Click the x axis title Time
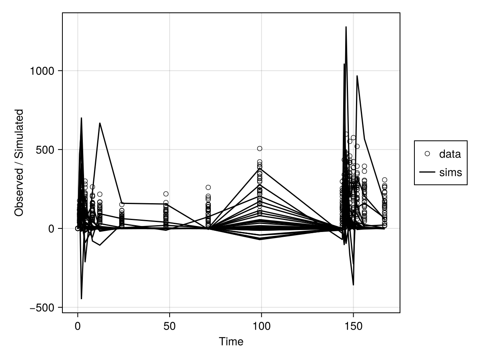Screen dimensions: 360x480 click(231, 342)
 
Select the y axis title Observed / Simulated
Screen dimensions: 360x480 click(19, 162)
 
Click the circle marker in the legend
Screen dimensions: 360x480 click(427, 154)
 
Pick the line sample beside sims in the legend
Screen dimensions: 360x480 click(427, 172)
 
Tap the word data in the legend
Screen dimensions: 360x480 click(450, 154)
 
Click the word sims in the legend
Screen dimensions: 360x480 click(450, 172)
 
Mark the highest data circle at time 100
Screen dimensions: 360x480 click(260, 148)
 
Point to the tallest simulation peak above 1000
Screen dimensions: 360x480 click(346, 27)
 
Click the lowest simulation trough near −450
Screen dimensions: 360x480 click(81, 299)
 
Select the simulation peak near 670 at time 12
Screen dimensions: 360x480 click(100, 123)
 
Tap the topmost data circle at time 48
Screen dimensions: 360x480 click(166, 194)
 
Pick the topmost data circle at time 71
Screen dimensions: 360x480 click(208, 187)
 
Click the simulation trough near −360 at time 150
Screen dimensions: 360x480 click(353, 285)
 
